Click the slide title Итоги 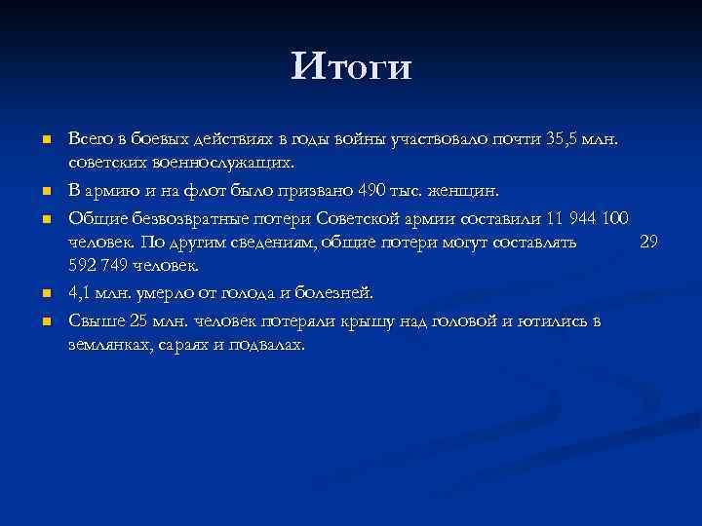pyautogui.click(x=351, y=66)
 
